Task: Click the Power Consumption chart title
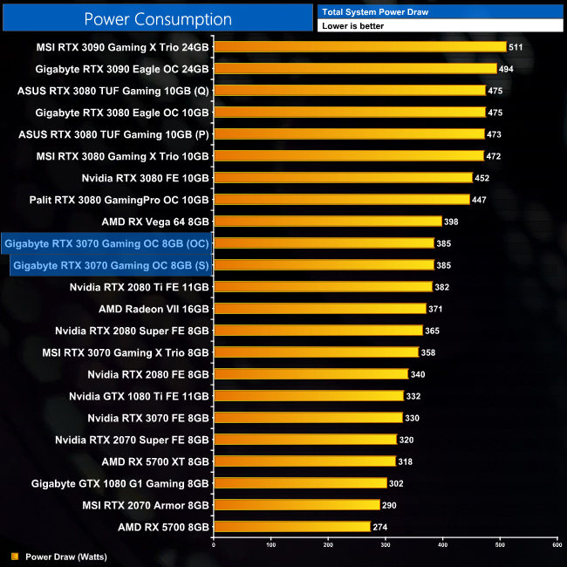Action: tap(158, 19)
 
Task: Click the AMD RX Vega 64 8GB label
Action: tap(155, 222)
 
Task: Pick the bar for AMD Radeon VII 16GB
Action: tap(319, 309)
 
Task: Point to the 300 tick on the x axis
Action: tap(385, 545)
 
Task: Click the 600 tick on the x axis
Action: tap(556, 545)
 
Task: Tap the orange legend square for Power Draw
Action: tap(14, 555)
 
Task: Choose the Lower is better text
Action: tap(352, 26)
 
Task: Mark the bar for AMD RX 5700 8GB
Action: tap(291, 527)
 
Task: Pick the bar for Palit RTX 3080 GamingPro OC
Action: tap(341, 200)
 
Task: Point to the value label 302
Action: tap(398, 483)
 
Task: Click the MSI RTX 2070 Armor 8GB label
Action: tap(146, 505)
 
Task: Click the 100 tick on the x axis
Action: tap(270, 545)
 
